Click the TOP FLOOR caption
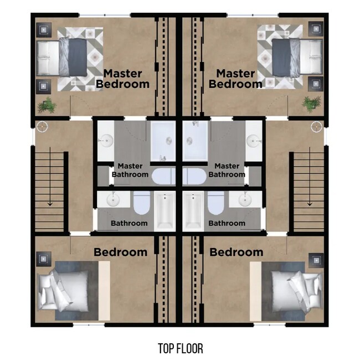[180, 348]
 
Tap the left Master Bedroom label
[123, 79]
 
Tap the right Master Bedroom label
[235, 79]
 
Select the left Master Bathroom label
[130, 170]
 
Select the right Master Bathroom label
[227, 170]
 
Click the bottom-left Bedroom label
[120, 252]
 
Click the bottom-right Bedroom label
[236, 252]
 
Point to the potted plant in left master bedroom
[46, 104]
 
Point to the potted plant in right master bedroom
[312, 103]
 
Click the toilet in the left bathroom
[141, 204]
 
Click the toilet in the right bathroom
[215, 204]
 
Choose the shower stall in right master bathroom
[195, 141]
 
